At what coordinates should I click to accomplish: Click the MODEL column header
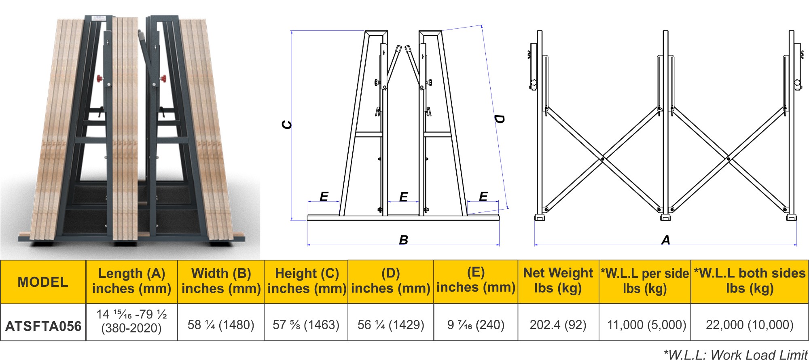point(43,282)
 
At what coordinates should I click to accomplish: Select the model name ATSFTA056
point(43,326)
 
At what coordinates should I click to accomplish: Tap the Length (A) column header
point(131,281)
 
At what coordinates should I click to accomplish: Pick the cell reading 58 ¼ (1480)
point(221,324)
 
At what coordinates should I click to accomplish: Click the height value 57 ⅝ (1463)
point(306,324)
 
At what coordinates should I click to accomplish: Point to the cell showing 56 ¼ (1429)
point(391,324)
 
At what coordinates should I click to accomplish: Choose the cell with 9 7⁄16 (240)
point(476,324)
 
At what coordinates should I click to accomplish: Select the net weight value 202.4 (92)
point(558,324)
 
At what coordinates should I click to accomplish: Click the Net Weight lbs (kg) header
point(558,280)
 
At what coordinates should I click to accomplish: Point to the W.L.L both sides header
point(750,280)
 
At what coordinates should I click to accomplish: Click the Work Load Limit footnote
point(735,354)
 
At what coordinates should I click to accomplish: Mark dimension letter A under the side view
point(665,240)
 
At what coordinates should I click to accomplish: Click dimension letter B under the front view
point(403,240)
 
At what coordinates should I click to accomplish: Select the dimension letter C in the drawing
point(286,125)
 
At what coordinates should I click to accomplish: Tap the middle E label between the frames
point(403,197)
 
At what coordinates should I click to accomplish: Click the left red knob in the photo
point(98,78)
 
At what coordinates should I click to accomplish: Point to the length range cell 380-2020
point(131,328)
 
